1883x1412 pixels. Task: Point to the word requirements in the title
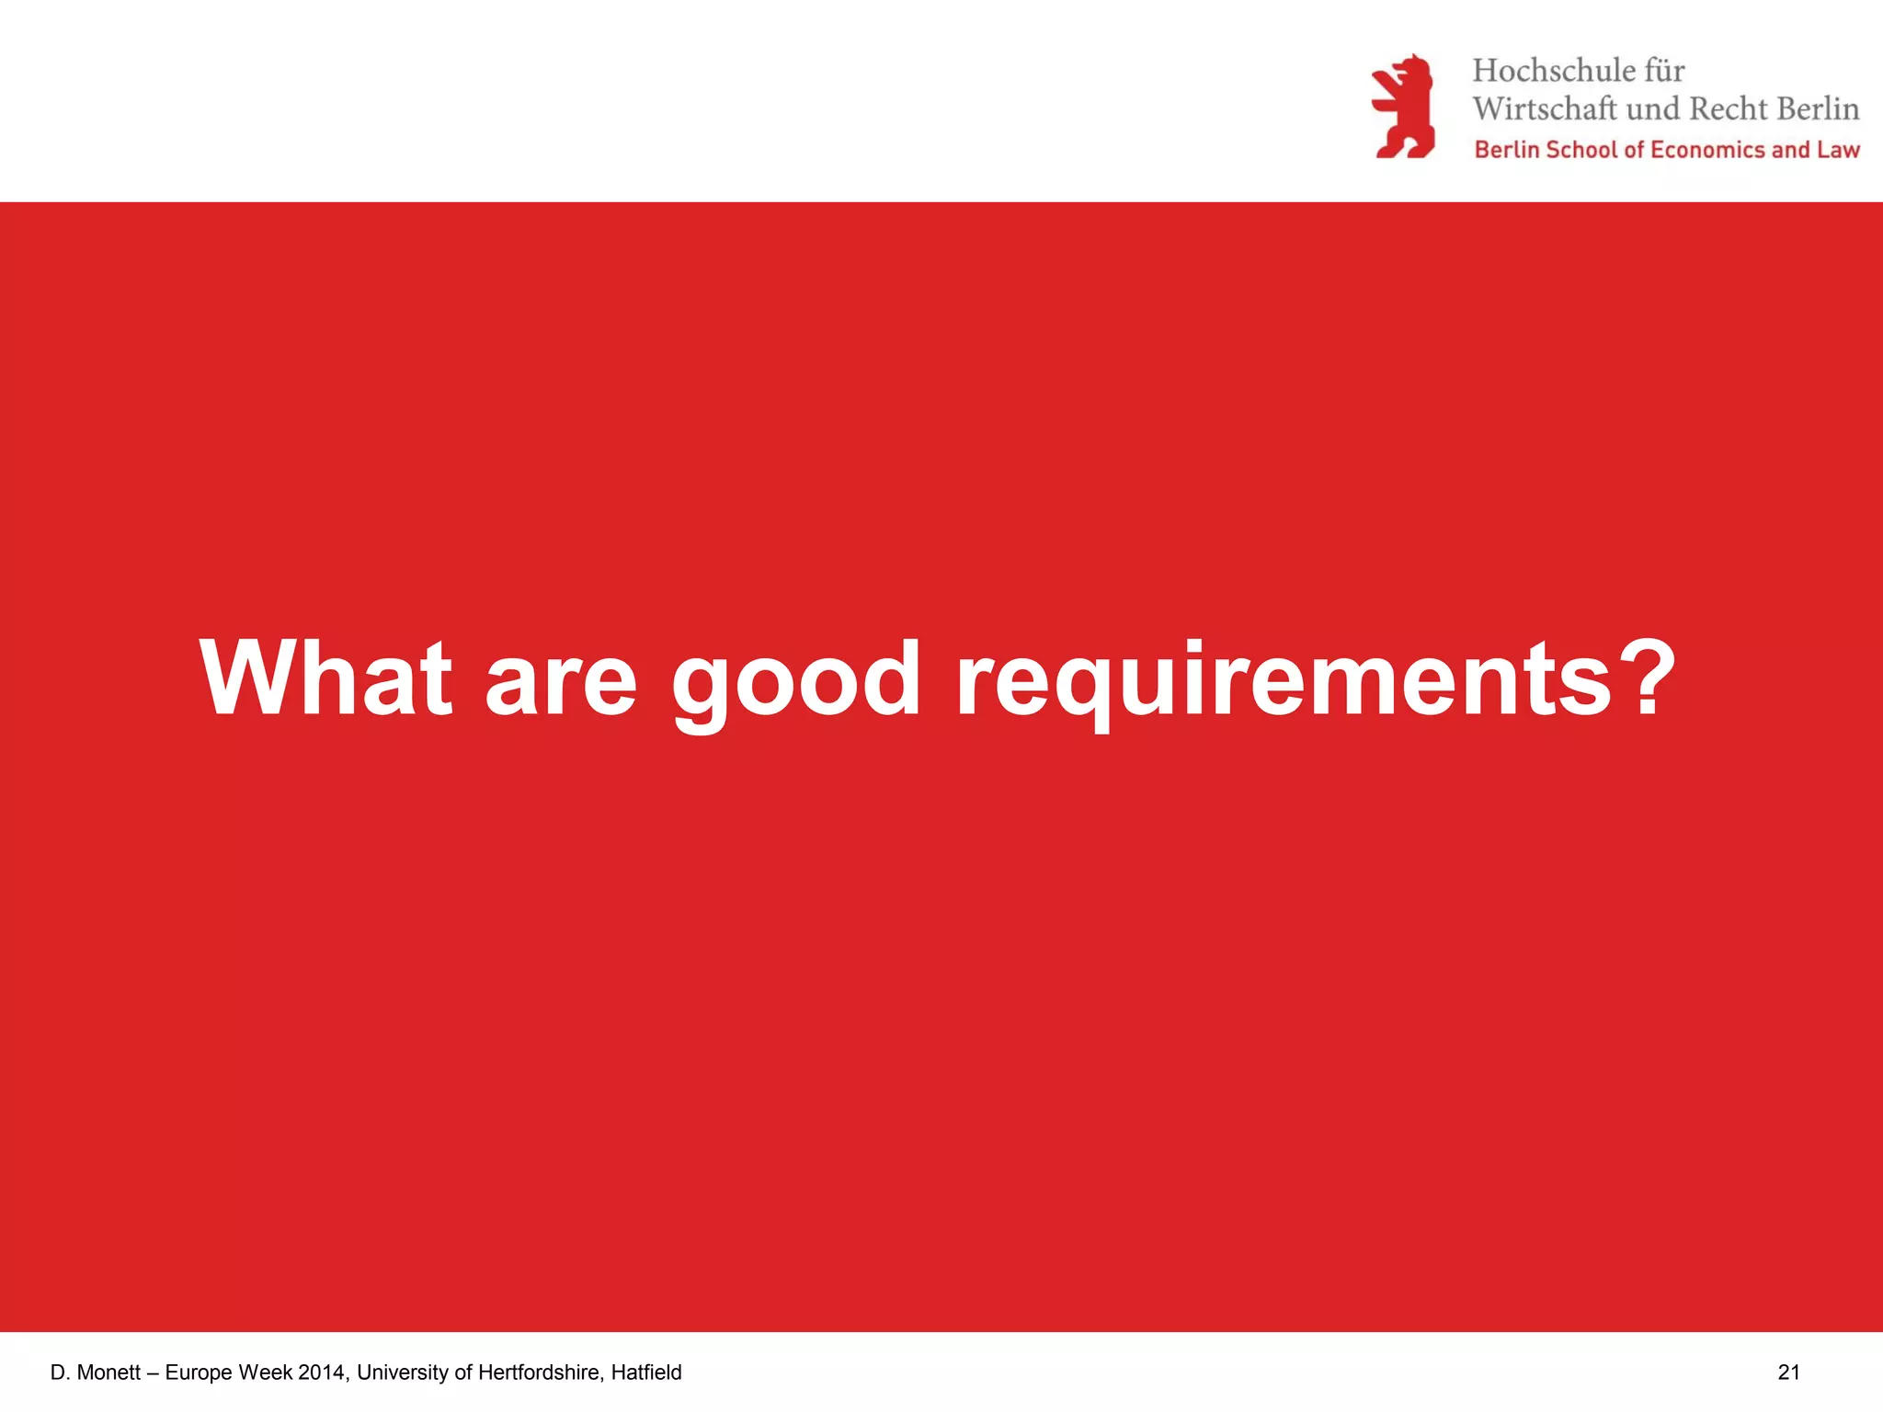pyautogui.click(x=1284, y=680)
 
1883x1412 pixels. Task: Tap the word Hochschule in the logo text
pyautogui.click(x=1554, y=71)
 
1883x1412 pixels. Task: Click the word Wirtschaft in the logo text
pyautogui.click(x=1545, y=109)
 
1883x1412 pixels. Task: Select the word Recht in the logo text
pyautogui.click(x=1729, y=109)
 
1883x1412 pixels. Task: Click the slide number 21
pyautogui.click(x=1788, y=1372)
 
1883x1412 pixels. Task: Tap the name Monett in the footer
pyautogui.click(x=108, y=1372)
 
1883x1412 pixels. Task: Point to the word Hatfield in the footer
pyautogui.click(x=646, y=1372)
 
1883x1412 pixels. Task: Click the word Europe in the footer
pyautogui.click(x=199, y=1372)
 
